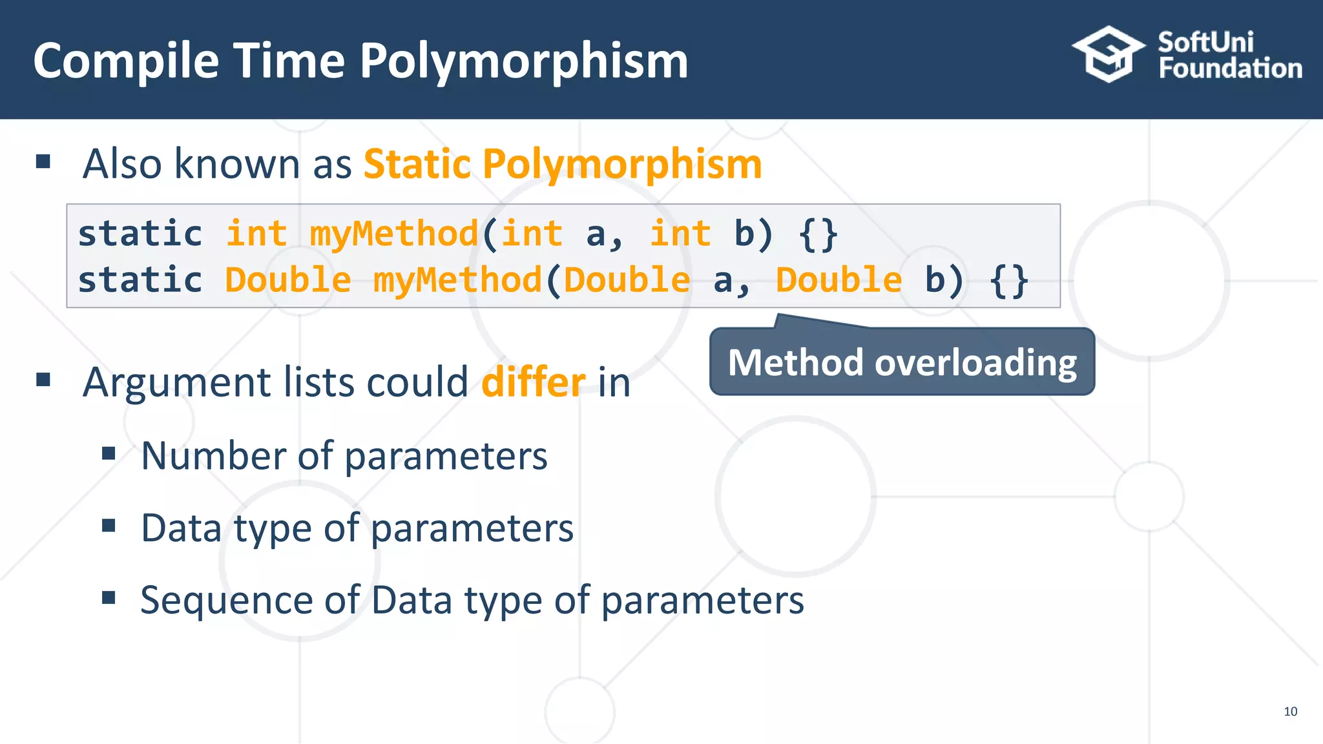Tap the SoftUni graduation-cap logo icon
pos(1109,54)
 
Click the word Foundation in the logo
pos(1230,68)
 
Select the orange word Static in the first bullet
pos(417,164)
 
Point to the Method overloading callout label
pos(902,362)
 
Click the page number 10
pos(1290,711)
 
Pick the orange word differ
pos(534,382)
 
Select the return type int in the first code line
pos(256,233)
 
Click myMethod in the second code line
pos(457,280)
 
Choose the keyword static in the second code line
pos(140,280)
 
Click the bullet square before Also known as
pos(43,161)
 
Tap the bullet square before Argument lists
pos(43,379)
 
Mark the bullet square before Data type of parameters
pos(109,526)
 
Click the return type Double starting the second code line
pos(287,280)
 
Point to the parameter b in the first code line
pos(744,233)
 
